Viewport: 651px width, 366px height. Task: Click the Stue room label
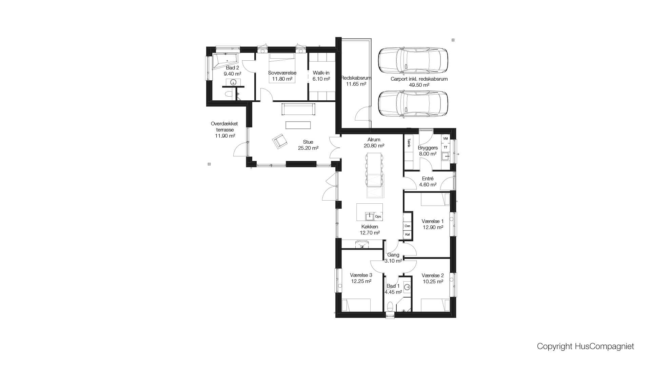coord(308,142)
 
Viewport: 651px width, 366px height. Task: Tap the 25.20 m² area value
coord(308,148)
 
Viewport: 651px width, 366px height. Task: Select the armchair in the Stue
coord(280,141)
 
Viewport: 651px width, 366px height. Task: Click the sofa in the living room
coord(298,109)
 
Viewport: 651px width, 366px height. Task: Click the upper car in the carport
coord(413,61)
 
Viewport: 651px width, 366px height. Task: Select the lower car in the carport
coord(413,104)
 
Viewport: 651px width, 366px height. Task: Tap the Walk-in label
coord(321,73)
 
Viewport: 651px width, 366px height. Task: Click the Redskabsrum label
coord(356,78)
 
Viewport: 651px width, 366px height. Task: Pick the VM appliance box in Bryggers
coord(446,139)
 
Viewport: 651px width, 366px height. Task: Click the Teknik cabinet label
coord(409,143)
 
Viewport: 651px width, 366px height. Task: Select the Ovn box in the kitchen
coord(408,226)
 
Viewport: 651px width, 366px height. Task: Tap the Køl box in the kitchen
coord(408,235)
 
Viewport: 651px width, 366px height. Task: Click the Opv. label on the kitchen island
coord(378,217)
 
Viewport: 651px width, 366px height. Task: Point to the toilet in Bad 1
coord(390,306)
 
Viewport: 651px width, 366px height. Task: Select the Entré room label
coord(428,179)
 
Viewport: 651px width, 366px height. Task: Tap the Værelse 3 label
coord(361,275)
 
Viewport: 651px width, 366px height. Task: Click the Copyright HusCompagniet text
coord(585,346)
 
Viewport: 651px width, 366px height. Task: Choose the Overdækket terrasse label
coord(224,127)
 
